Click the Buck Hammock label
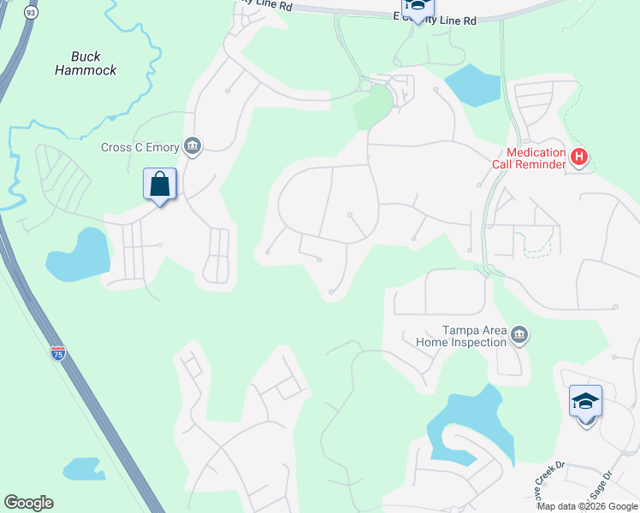click(86, 63)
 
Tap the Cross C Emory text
click(139, 147)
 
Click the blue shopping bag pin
click(160, 184)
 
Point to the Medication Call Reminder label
click(529, 158)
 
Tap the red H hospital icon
click(580, 157)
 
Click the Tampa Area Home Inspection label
click(461, 336)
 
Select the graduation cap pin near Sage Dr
click(586, 401)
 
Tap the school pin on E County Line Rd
click(417, 7)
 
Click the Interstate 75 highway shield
click(58, 353)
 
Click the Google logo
click(28, 503)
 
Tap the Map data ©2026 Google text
click(588, 506)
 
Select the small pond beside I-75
click(84, 469)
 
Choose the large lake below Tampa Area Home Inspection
click(471, 428)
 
